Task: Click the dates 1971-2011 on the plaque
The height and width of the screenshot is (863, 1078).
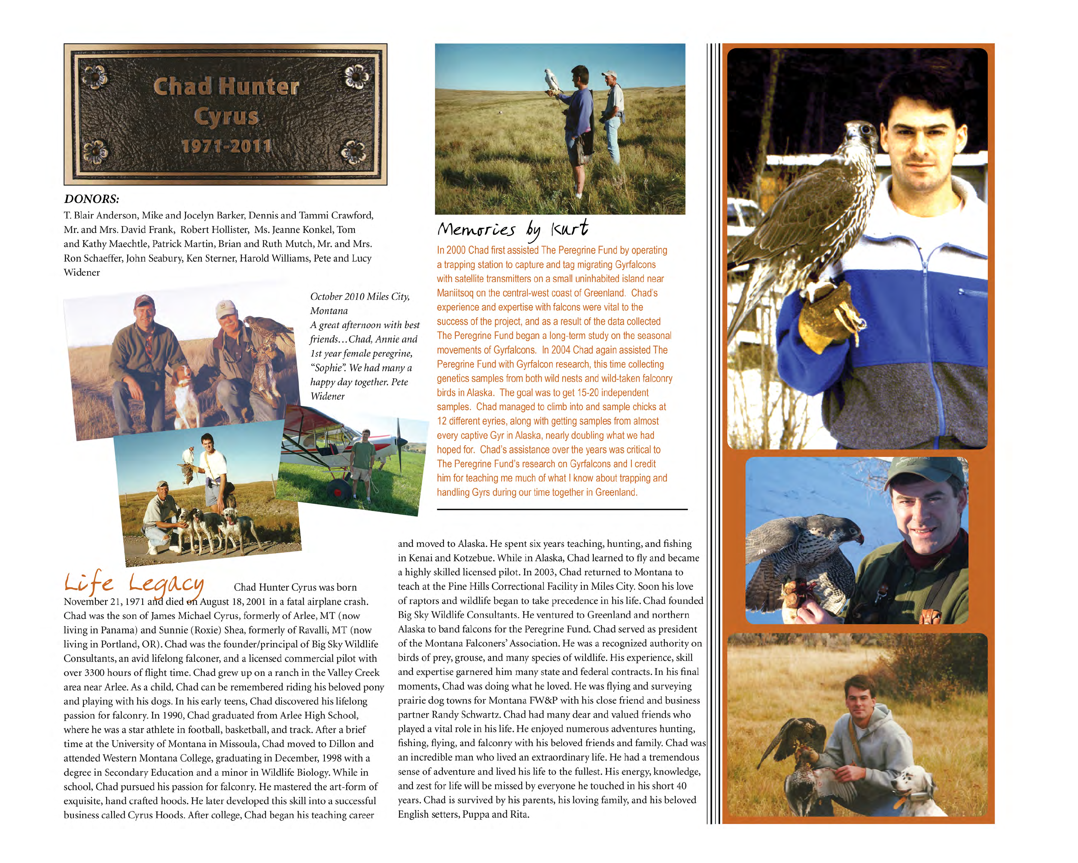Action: tap(226, 146)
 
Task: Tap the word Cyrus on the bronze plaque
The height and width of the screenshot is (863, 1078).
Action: tap(226, 116)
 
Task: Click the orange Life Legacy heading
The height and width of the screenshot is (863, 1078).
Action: tap(134, 583)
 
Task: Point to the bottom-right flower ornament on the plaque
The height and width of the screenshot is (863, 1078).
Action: tap(353, 151)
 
